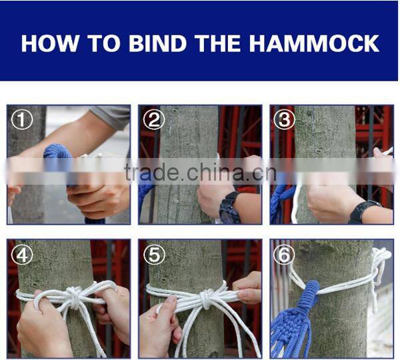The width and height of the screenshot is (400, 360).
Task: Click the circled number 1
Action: pyautogui.click(x=23, y=121)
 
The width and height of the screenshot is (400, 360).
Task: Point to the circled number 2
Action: pyautogui.click(x=154, y=121)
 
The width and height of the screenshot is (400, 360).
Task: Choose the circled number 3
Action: pyautogui.click(x=285, y=121)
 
